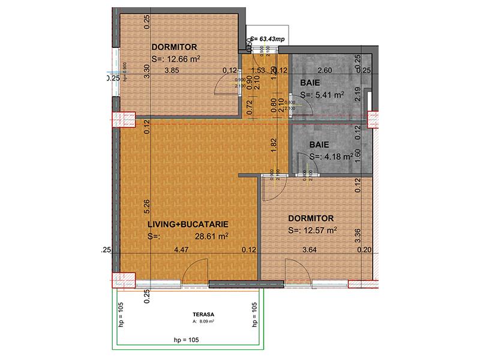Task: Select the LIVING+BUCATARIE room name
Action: coord(188,224)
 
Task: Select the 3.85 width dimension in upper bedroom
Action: coord(172,70)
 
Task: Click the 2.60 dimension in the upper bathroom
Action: coord(324,70)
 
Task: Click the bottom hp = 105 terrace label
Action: coord(186,340)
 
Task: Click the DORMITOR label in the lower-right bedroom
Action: coord(310,218)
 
